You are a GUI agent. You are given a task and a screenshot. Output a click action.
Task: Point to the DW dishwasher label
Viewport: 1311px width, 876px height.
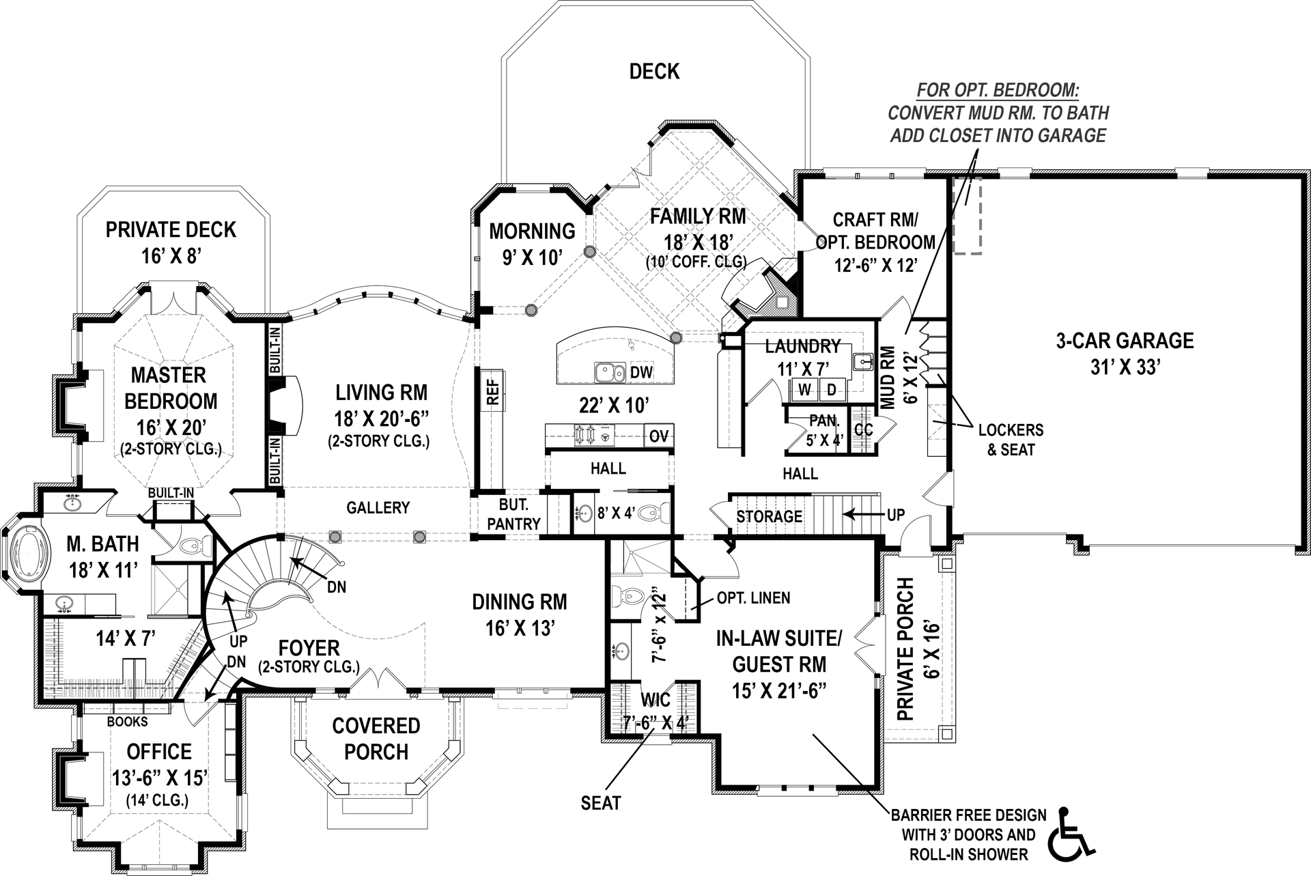[x=641, y=373]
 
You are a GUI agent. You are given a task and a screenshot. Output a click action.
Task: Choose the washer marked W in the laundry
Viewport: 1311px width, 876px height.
[x=805, y=390]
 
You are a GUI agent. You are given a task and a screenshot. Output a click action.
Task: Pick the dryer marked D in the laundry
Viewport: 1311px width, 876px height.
[x=831, y=390]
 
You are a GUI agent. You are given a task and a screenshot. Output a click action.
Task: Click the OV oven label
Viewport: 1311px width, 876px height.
[x=658, y=436]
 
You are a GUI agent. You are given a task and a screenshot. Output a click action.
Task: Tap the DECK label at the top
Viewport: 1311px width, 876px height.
[x=654, y=72]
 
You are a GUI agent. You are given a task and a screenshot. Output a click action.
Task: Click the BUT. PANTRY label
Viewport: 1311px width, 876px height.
[x=513, y=514]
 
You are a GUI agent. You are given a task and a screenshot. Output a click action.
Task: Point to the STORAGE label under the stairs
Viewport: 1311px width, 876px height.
[x=769, y=517]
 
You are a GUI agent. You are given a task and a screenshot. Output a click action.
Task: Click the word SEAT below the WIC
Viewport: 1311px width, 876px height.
[x=601, y=803]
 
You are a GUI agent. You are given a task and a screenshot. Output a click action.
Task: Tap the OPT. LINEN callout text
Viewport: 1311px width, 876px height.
[x=753, y=598]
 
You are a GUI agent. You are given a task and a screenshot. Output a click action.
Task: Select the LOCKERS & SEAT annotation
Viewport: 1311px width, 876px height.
[x=1011, y=439]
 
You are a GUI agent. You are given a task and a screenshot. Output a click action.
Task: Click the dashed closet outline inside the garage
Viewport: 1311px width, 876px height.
[x=967, y=216]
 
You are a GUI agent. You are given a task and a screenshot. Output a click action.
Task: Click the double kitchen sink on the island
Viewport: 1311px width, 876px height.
[x=610, y=373]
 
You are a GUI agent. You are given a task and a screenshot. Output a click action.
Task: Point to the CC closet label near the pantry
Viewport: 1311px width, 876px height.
[x=863, y=429]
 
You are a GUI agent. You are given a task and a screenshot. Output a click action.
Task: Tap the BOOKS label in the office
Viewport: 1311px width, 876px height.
[x=127, y=722]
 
